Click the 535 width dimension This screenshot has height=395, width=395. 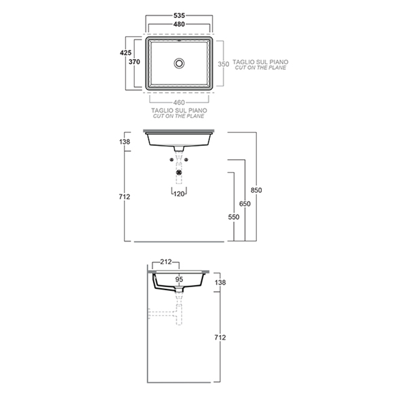point(179,16)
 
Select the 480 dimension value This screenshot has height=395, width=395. point(179,24)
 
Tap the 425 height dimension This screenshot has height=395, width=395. point(125,52)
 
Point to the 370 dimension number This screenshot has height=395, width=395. point(134,62)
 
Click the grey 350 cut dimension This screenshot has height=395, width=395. point(223,64)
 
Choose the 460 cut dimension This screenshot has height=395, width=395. point(179,103)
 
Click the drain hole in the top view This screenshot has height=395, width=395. point(179,63)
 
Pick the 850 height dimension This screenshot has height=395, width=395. point(256,190)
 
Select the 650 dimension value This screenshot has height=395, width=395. point(245,204)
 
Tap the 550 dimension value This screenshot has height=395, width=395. point(234,217)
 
